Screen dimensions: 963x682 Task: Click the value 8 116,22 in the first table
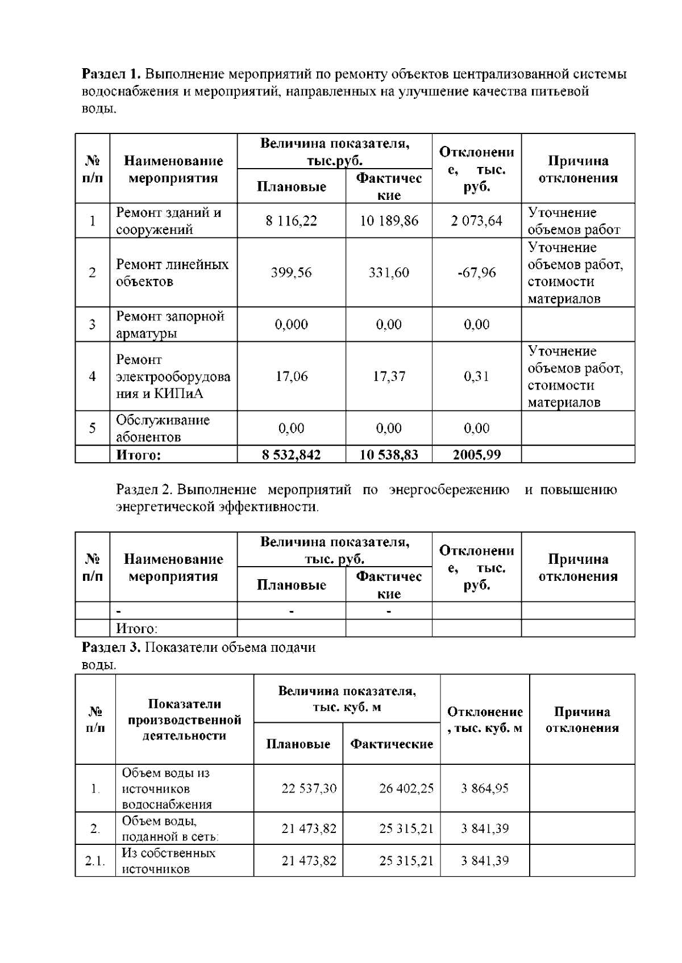click(291, 221)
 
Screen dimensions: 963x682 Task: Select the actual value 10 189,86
click(389, 221)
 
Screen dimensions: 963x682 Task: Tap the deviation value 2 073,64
click(476, 221)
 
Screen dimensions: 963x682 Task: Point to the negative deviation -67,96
click(476, 273)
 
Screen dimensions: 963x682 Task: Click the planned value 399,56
click(291, 273)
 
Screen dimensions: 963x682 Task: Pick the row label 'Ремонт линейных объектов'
click(172, 273)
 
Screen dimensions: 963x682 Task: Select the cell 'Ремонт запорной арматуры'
click(170, 324)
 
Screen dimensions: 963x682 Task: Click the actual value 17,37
click(389, 376)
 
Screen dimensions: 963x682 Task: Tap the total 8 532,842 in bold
click(291, 455)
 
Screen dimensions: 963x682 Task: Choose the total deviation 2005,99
click(476, 455)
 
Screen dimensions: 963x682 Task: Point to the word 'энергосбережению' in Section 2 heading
click(449, 489)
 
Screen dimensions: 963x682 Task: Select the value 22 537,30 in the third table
click(309, 788)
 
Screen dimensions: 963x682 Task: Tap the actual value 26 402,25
click(406, 788)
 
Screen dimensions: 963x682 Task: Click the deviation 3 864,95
click(485, 788)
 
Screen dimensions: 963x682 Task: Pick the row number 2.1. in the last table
click(95, 861)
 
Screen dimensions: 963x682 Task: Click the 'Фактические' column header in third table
click(392, 744)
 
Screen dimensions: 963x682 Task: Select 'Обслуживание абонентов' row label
click(163, 428)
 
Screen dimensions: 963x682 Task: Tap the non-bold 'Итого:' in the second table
click(136, 629)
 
